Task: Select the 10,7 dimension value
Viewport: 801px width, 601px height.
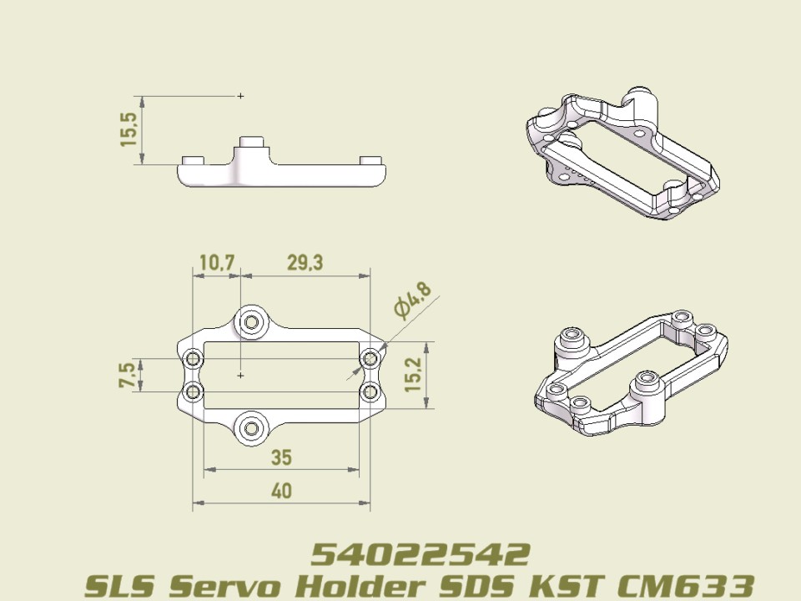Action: (216, 263)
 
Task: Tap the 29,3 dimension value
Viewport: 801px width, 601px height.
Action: (305, 263)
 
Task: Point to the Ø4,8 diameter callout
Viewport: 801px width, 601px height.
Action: (413, 301)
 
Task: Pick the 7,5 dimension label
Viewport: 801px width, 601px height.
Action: (126, 376)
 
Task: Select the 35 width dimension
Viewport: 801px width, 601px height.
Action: (282, 457)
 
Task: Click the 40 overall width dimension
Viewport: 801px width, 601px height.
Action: (282, 492)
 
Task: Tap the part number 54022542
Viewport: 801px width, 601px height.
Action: (421, 553)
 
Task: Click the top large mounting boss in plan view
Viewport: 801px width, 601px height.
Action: (251, 321)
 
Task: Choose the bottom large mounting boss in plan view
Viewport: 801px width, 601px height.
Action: (251, 429)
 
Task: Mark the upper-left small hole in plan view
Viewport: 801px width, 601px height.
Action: (194, 359)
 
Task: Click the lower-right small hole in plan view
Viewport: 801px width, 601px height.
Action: (370, 391)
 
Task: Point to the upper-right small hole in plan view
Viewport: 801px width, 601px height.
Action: (370, 359)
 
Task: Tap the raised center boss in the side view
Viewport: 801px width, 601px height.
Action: (251, 150)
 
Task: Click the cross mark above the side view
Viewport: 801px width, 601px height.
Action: (240, 96)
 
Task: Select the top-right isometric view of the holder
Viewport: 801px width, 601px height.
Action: (622, 154)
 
